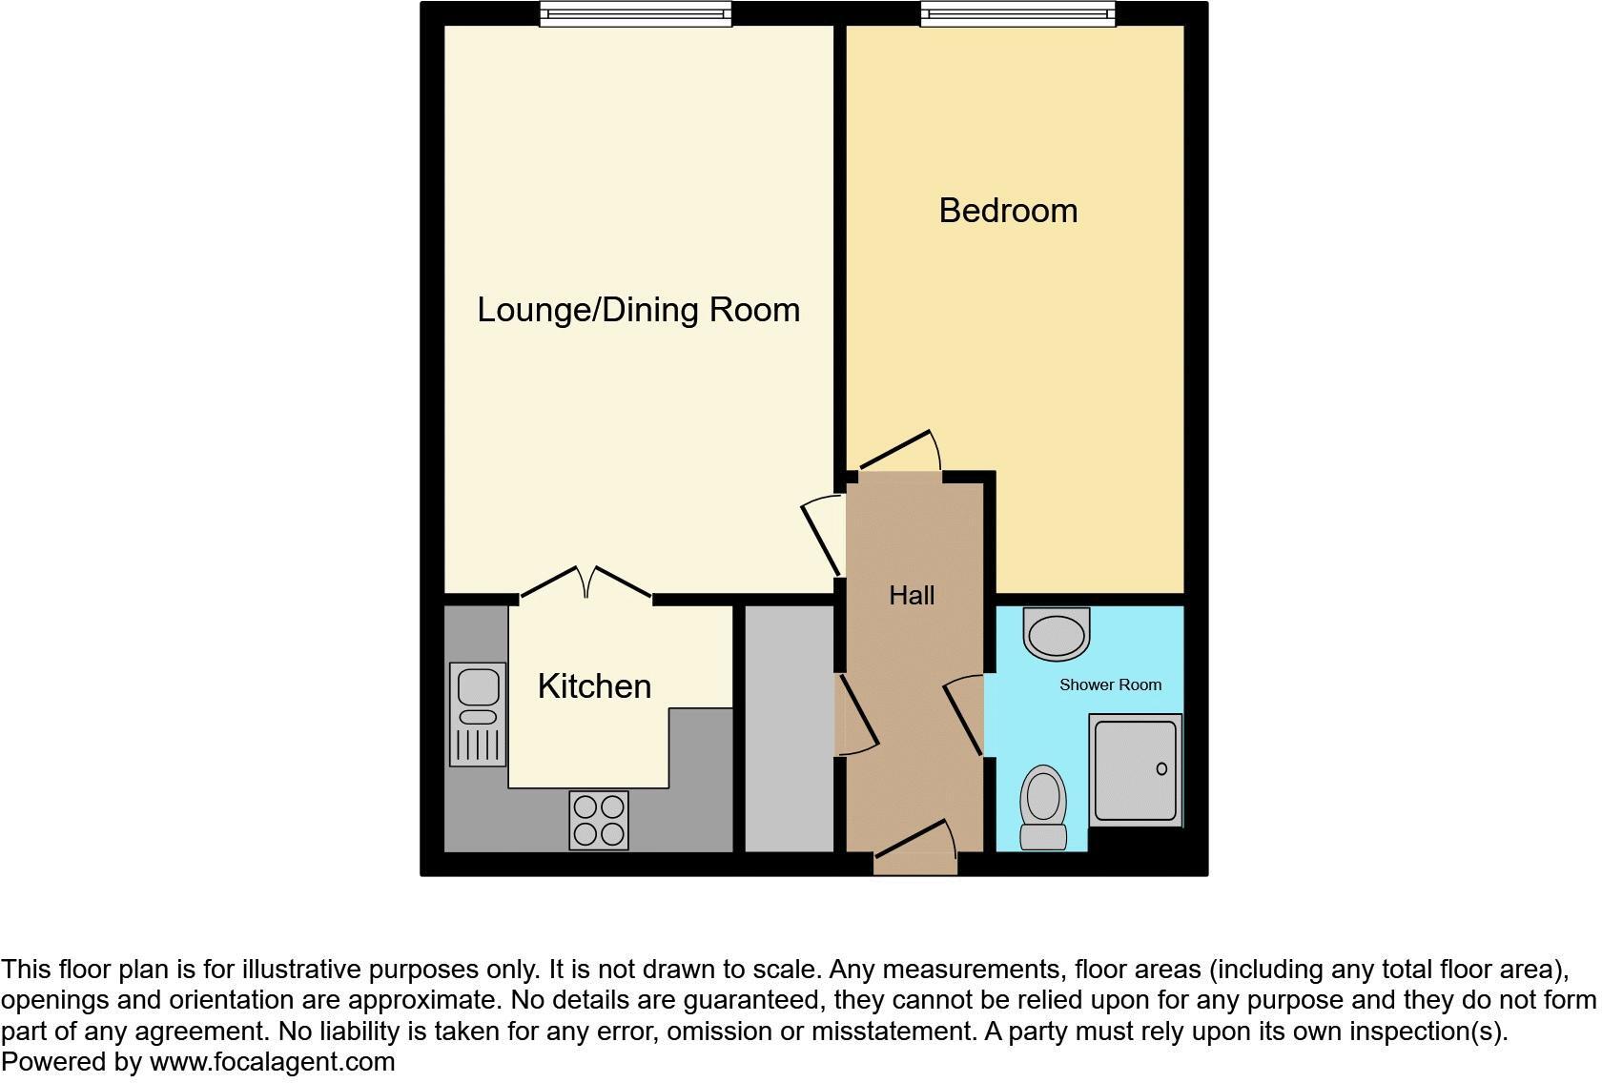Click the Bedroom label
tap(1008, 211)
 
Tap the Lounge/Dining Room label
tap(638, 310)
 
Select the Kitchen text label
tap(594, 686)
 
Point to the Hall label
tap(912, 596)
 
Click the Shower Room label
tap(1110, 685)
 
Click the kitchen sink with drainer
tap(478, 714)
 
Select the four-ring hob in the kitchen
tap(599, 820)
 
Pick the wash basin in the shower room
tap(1056, 634)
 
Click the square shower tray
tap(1136, 770)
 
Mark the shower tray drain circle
tap(1161, 768)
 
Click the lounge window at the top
tap(635, 13)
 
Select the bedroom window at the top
tap(1017, 13)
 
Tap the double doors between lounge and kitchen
tap(586, 583)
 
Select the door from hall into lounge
tap(820, 539)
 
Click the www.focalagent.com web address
tap(272, 1062)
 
